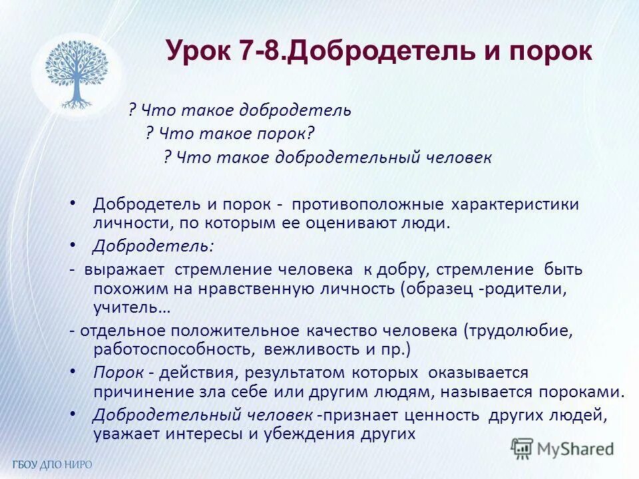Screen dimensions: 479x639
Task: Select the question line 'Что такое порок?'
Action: coord(230,134)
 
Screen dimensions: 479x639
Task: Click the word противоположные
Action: coord(369,204)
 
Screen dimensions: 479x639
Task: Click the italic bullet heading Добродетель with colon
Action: coord(154,246)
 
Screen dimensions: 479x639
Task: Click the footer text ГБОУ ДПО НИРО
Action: coord(52,464)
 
